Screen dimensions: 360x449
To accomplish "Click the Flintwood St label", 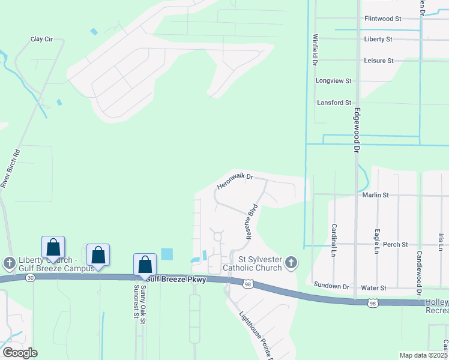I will pos(382,19).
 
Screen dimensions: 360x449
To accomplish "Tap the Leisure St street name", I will pos(378,61).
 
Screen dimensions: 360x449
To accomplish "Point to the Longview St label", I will pos(333,80).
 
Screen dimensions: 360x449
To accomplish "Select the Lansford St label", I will pos(334,103).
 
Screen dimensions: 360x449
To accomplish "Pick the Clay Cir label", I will pos(42,39).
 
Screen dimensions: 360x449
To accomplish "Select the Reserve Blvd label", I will pos(251,220).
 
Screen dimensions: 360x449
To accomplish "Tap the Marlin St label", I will pos(376,195).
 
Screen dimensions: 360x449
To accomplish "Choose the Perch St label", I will pos(396,245).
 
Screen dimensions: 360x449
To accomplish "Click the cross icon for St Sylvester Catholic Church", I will pos(291,262).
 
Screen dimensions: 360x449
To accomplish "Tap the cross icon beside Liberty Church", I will pos(9,263).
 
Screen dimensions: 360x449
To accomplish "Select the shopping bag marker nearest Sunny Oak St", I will pos(145,264).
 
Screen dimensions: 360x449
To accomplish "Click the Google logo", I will pos(20,353).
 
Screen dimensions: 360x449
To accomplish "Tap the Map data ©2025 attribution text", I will pos(423,355).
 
